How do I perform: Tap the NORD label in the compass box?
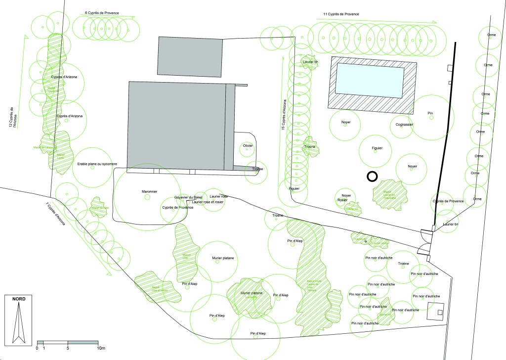(19, 299)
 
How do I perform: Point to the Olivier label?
(248, 146)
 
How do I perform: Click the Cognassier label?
(404, 124)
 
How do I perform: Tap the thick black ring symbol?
(372, 176)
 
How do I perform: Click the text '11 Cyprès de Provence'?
(340, 14)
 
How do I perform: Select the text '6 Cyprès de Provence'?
(102, 12)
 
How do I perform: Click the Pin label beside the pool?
(430, 113)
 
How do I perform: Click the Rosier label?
(342, 200)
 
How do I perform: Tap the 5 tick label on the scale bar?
(68, 348)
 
